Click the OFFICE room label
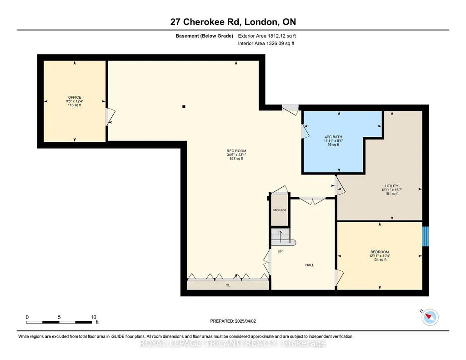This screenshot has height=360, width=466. (75, 97)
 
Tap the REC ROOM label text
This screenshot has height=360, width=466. (236, 151)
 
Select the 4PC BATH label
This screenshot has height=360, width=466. (333, 137)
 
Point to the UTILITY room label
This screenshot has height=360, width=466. (392, 186)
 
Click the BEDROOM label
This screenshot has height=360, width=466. (380, 252)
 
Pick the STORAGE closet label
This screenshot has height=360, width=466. (279, 210)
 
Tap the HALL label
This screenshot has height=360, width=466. (310, 265)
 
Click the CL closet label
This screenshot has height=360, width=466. (228, 285)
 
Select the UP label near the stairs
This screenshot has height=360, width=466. (280, 251)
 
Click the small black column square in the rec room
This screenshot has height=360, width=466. (184, 107)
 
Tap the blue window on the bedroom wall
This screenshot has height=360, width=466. (426, 236)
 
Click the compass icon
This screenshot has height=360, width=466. (430, 317)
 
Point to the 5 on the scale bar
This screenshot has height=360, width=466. (59, 317)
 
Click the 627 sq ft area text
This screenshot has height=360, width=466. (236, 159)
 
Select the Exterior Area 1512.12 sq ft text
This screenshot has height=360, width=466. (267, 36)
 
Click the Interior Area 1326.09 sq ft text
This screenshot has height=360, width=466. (266, 43)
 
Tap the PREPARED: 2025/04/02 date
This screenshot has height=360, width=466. (233, 321)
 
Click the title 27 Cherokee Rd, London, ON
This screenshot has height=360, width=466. (233, 22)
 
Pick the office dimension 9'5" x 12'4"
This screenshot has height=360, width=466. (75, 101)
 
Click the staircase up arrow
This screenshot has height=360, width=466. (280, 236)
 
